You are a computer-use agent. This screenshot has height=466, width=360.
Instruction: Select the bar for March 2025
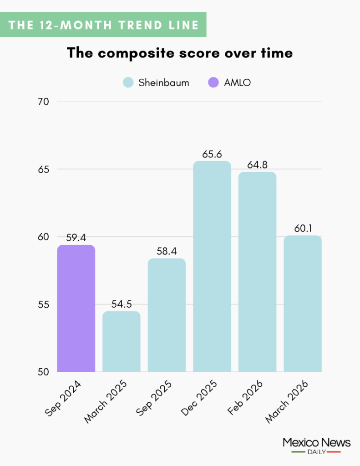tap(121, 341)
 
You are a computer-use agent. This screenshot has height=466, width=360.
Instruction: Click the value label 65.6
tap(212, 154)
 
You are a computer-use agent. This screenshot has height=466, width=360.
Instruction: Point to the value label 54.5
tap(121, 304)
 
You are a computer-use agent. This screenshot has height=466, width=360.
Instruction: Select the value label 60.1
tap(303, 229)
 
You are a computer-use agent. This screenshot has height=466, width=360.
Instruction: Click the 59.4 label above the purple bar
tap(76, 238)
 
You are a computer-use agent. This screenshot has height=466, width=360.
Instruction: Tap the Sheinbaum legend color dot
tap(128, 82)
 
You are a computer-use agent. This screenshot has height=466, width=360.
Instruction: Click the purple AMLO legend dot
tap(213, 82)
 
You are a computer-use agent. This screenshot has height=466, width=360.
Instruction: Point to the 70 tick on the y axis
tap(43, 101)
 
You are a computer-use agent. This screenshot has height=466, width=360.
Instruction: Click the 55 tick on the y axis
tap(43, 304)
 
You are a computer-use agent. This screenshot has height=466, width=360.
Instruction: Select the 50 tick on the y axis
tap(43, 372)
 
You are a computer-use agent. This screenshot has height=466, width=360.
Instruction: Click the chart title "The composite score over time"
tap(180, 53)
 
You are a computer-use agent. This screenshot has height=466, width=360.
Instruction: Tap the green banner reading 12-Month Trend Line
tap(104, 25)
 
